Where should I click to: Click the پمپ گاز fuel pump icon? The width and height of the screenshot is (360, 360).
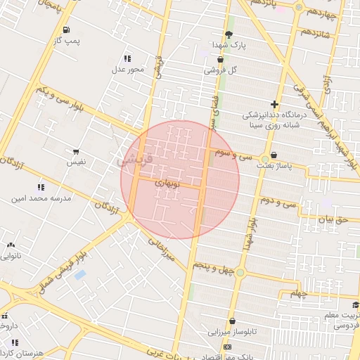click(66, 30)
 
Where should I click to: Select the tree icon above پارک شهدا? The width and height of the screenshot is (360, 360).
click(229, 33)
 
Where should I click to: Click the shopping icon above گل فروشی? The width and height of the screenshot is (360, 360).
click(220, 60)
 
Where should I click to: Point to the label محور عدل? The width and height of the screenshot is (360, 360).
click(128, 69)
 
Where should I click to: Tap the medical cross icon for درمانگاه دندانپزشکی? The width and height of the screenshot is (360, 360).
click(274, 104)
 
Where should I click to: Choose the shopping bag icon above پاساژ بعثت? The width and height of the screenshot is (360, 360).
click(273, 155)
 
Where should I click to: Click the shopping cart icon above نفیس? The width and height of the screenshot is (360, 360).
click(75, 152)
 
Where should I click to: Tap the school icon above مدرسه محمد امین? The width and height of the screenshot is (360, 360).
click(41, 187)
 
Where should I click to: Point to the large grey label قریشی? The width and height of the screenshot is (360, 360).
click(129, 160)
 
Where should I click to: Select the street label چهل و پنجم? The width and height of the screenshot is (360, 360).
click(214, 268)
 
